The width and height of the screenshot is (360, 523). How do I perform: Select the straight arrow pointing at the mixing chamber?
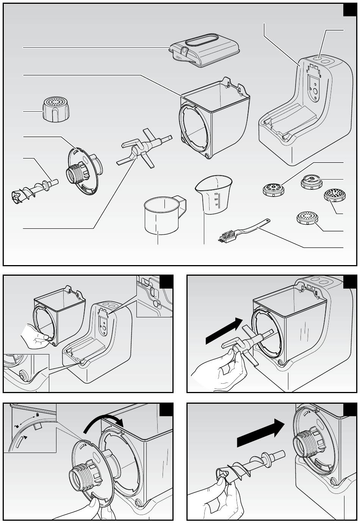[224, 330]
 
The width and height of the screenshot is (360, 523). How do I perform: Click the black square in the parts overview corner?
[350, 10]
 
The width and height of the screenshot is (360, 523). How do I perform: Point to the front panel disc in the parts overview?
[83, 172]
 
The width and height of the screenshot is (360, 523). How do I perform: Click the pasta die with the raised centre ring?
[311, 181]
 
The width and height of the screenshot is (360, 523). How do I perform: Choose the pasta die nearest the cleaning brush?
[307, 217]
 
